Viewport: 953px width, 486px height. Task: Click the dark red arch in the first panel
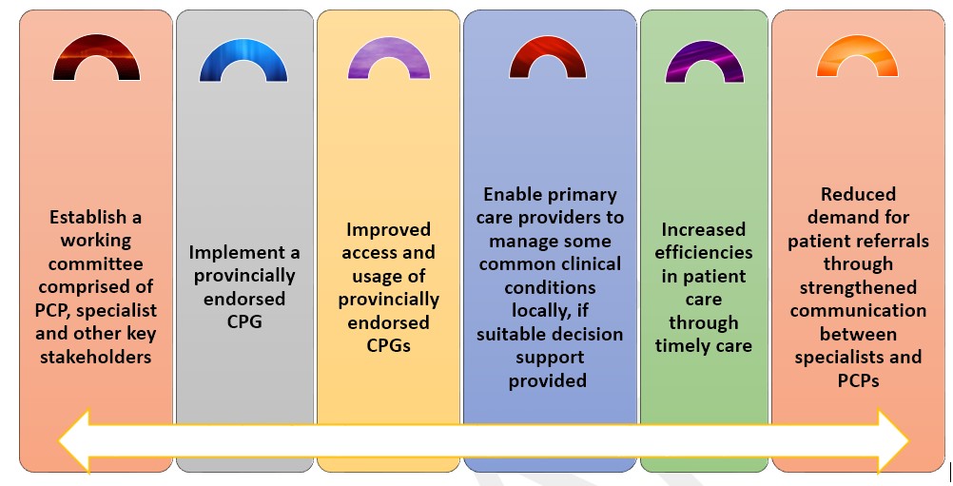[96, 44]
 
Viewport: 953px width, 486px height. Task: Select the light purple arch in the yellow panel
[388, 45]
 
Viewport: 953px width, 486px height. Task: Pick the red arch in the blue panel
[548, 44]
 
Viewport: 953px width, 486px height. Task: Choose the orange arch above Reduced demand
[857, 43]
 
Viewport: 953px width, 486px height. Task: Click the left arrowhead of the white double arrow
[74, 441]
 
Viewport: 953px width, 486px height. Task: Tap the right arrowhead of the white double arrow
[893, 441]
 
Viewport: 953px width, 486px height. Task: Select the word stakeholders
[96, 357]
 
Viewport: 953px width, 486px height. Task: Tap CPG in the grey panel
[244, 322]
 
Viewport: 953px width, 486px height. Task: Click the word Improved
[388, 229]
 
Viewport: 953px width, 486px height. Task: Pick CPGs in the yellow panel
[388, 345]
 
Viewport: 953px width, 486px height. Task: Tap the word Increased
[703, 229]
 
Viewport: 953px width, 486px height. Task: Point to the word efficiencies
[704, 253]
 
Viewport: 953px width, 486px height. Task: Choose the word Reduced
[858, 194]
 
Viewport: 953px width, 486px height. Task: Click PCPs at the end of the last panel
[858, 380]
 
